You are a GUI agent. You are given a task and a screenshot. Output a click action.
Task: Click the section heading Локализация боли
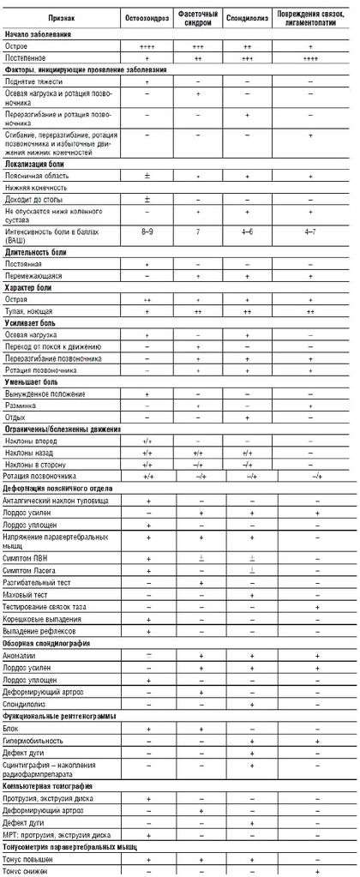(x=38, y=160)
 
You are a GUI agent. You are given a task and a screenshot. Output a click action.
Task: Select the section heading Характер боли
(x=32, y=297)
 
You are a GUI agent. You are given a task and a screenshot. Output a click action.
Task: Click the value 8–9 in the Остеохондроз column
(x=147, y=231)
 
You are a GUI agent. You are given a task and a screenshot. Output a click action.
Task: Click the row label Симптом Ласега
(x=34, y=569)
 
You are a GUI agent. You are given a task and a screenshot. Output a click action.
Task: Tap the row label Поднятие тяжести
(x=33, y=80)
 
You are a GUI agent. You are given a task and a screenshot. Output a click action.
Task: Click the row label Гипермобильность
(x=34, y=739)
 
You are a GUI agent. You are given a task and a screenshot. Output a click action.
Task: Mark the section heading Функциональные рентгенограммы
(x=59, y=715)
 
